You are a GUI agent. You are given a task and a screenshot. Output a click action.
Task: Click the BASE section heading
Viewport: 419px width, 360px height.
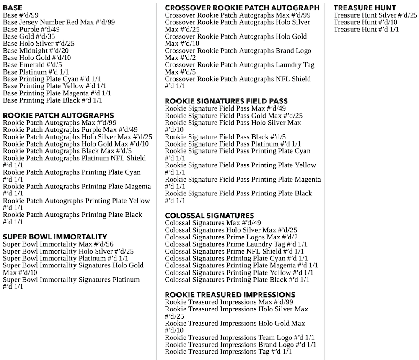pos(13,8)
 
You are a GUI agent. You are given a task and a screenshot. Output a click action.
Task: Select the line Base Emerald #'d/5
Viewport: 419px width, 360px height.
pos(32,65)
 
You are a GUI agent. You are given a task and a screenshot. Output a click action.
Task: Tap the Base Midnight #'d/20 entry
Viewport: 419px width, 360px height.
pos(36,51)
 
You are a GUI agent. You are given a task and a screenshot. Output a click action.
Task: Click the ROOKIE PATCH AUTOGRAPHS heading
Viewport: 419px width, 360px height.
pos(58,115)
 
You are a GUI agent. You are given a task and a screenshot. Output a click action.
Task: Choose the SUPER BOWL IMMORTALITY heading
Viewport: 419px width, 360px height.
pos(55,237)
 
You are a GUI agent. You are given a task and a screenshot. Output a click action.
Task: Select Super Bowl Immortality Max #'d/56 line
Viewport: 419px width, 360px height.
pos(58,244)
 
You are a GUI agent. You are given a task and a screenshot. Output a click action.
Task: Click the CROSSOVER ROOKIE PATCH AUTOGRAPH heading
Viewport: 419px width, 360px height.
pos(242,8)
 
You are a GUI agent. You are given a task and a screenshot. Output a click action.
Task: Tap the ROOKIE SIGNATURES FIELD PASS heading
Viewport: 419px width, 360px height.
pos(226,101)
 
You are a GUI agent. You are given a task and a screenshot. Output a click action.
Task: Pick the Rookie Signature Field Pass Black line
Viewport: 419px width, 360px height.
pos(225,137)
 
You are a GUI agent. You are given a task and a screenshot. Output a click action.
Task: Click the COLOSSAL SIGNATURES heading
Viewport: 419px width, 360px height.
pos(209,216)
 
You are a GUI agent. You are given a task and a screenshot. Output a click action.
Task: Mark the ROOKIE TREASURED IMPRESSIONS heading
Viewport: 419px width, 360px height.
pos(230,294)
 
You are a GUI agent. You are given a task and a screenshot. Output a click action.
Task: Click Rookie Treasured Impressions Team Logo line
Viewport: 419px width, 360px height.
pos(240,338)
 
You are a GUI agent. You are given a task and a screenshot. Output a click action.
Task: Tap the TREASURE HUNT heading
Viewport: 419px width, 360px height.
pos(365,8)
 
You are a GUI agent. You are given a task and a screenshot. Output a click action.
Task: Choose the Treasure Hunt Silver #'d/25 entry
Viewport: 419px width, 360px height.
pos(375,15)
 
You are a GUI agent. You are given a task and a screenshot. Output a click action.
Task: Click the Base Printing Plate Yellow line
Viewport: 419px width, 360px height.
pos(54,86)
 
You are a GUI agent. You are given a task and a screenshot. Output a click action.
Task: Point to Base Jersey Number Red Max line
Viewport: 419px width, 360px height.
pos(59,22)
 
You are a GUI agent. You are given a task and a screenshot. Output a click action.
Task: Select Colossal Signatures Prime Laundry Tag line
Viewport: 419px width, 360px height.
pos(236,244)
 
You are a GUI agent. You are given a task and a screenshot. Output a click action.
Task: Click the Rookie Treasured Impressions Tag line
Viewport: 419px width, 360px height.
pos(228,352)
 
